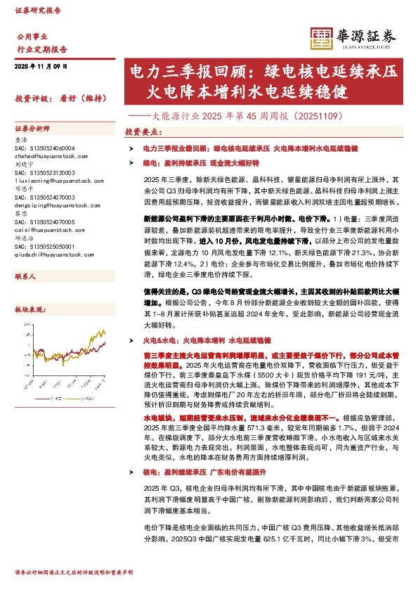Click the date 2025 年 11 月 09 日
(x=41, y=65)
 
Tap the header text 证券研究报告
(x=38, y=11)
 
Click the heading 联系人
(x=25, y=277)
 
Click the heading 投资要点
(x=143, y=131)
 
